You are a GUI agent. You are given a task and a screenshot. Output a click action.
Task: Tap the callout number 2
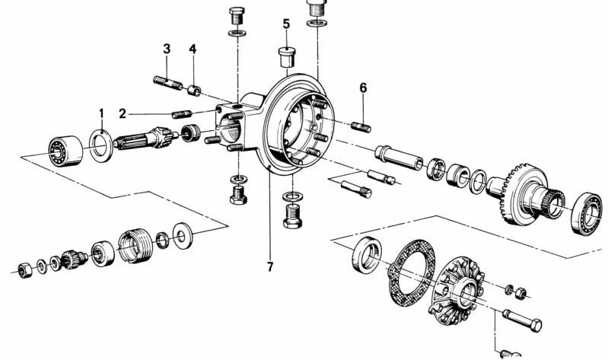click(123, 113)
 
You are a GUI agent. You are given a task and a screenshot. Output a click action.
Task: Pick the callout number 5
click(286, 24)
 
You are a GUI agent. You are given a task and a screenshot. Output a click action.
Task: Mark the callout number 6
click(363, 88)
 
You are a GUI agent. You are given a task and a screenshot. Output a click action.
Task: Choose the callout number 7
click(269, 266)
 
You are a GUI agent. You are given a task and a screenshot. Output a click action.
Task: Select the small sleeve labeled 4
click(195, 91)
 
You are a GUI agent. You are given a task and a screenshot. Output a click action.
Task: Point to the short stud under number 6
click(361, 124)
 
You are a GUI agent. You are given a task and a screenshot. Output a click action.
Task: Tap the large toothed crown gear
click(526, 195)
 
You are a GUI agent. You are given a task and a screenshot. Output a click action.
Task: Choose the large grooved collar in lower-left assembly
click(134, 243)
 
